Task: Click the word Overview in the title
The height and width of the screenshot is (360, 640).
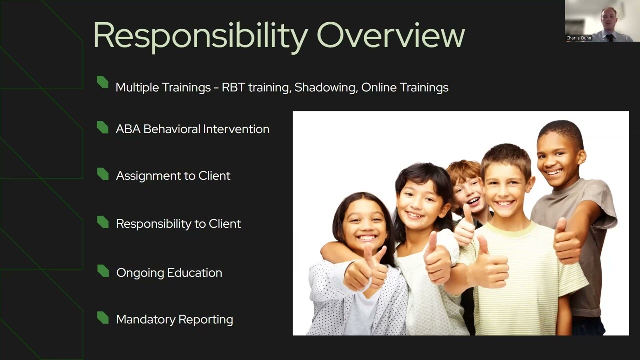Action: [391, 35]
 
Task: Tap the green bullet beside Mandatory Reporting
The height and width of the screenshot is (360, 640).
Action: [103, 318]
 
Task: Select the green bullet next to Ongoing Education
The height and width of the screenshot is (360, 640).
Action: [103, 271]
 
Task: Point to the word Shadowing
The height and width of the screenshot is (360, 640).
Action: [325, 88]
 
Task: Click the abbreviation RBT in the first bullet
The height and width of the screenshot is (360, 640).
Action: [233, 88]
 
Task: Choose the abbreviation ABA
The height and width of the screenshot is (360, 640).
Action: [128, 129]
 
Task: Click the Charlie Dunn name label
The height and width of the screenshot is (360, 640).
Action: [579, 38]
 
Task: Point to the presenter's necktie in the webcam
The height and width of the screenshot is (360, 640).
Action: [610, 37]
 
